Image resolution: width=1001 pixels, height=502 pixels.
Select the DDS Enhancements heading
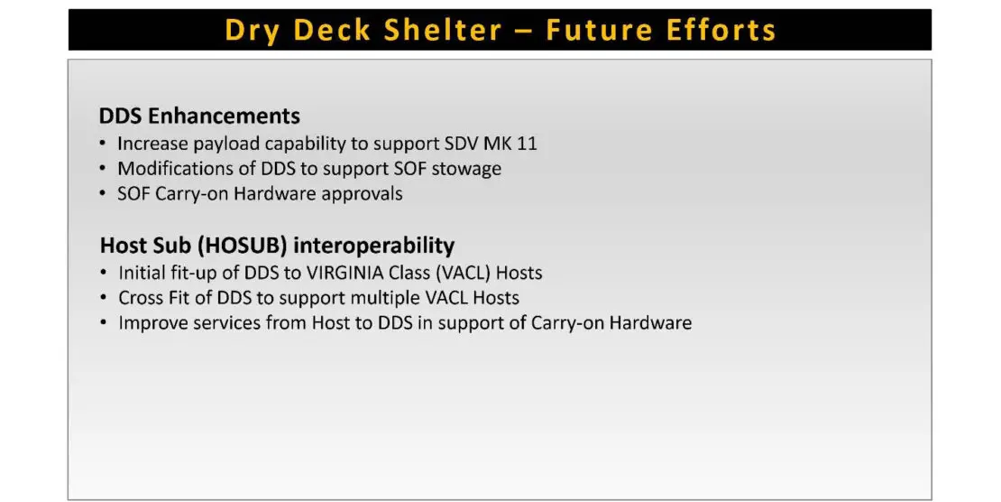coord(199,116)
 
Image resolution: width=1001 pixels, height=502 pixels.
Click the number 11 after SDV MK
coord(527,144)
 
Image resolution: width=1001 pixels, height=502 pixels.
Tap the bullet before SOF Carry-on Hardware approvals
coord(103,193)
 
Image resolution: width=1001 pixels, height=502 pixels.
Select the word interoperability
coord(374,246)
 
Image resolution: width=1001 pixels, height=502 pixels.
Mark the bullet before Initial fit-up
coord(104,273)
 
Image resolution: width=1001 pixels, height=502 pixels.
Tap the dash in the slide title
coord(523,32)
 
